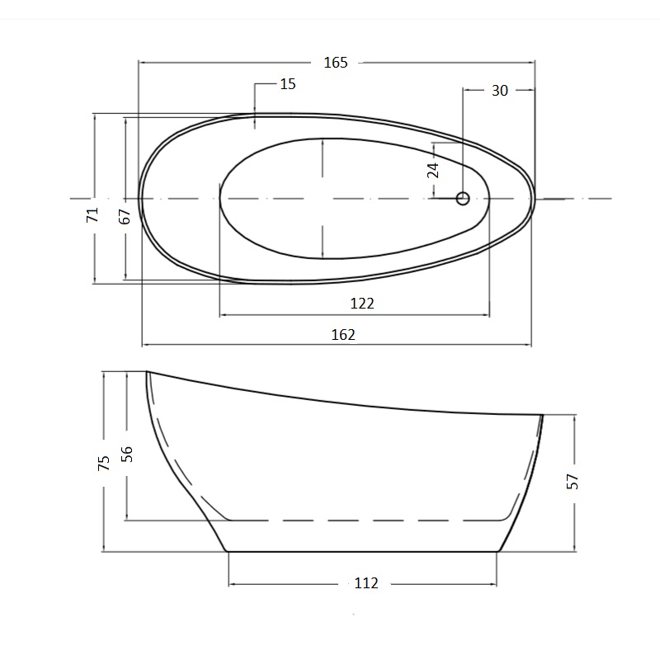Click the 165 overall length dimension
(336, 63)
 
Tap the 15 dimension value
(288, 84)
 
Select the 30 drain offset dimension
(500, 91)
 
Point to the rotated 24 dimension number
(433, 170)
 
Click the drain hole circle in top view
(463, 198)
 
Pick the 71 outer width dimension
(92, 214)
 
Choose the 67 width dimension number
(125, 216)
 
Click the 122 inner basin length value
(362, 303)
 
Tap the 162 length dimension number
(343, 335)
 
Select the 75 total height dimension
(104, 463)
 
